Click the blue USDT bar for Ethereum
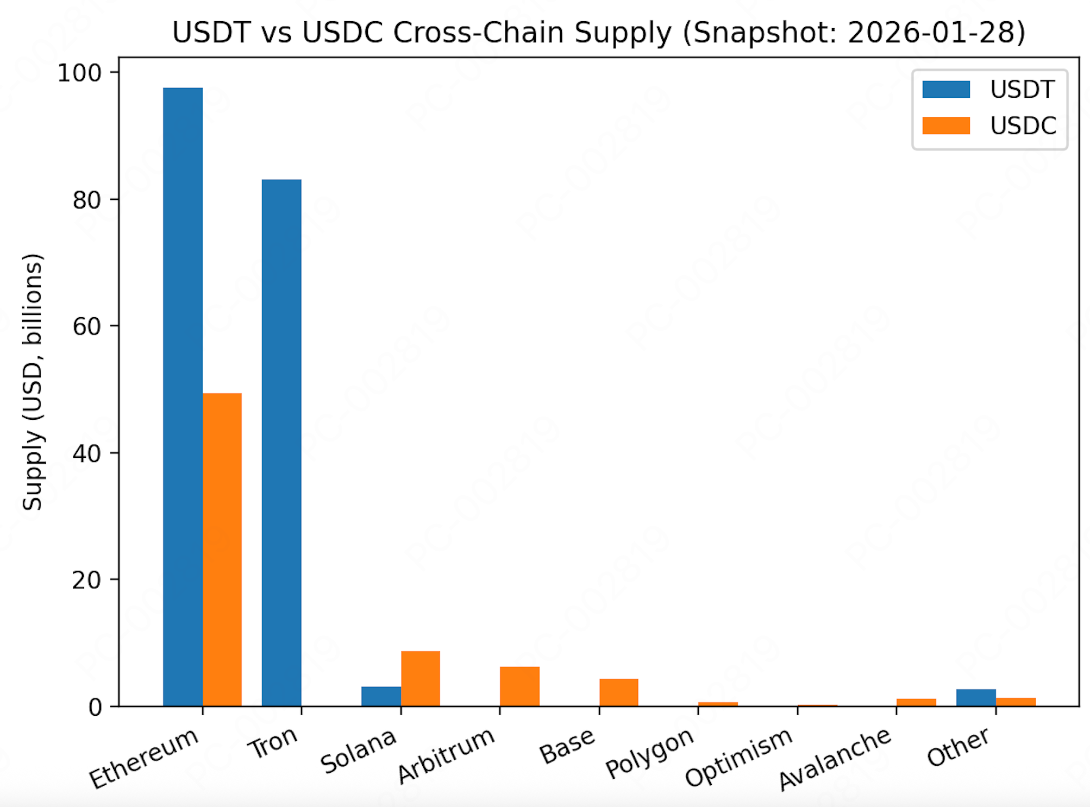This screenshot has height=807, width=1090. click(x=183, y=396)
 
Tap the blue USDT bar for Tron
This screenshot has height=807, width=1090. click(x=281, y=443)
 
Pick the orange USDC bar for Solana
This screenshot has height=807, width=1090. click(x=421, y=678)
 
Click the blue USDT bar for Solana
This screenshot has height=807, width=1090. click(x=381, y=696)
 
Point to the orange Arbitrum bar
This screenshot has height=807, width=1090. click(x=519, y=686)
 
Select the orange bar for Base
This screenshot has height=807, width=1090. click(x=619, y=692)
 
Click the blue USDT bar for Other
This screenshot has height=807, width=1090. click(x=976, y=698)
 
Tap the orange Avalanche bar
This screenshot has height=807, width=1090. click(x=916, y=702)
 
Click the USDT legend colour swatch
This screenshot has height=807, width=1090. click(x=946, y=89)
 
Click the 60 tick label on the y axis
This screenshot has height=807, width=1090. click(x=87, y=326)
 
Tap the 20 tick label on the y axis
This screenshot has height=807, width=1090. click(x=87, y=580)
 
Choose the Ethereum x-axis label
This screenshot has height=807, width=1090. click(x=144, y=758)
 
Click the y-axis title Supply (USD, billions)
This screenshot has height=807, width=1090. click(x=32, y=382)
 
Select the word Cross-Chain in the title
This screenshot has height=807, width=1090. click(x=480, y=33)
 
